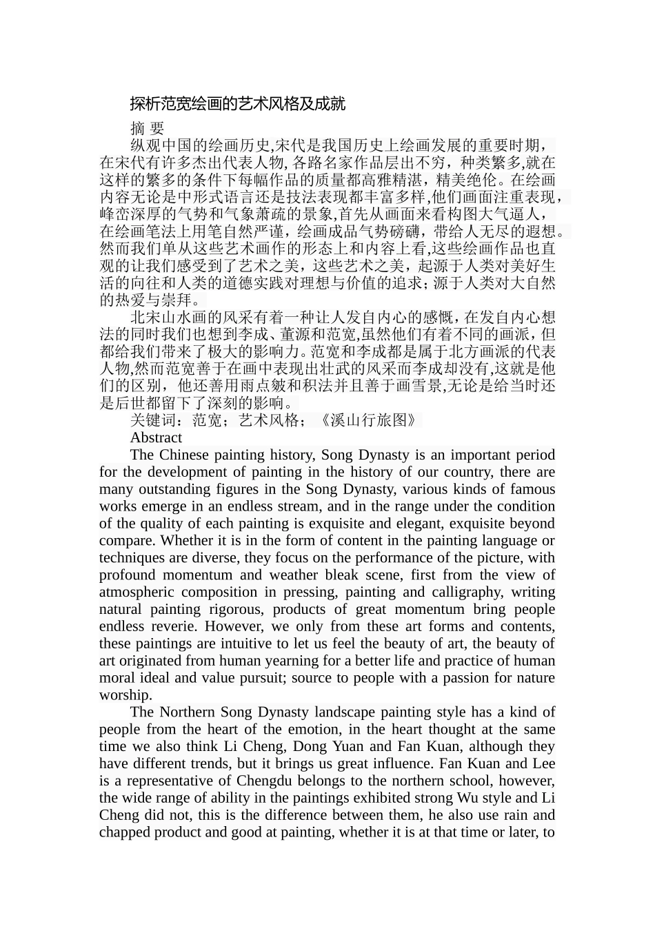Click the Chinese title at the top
[x=237, y=104]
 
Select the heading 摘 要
[x=147, y=128]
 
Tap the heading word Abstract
[x=156, y=438]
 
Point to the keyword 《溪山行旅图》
[x=366, y=420]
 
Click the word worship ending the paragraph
[x=125, y=694]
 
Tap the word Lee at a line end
[x=543, y=763]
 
